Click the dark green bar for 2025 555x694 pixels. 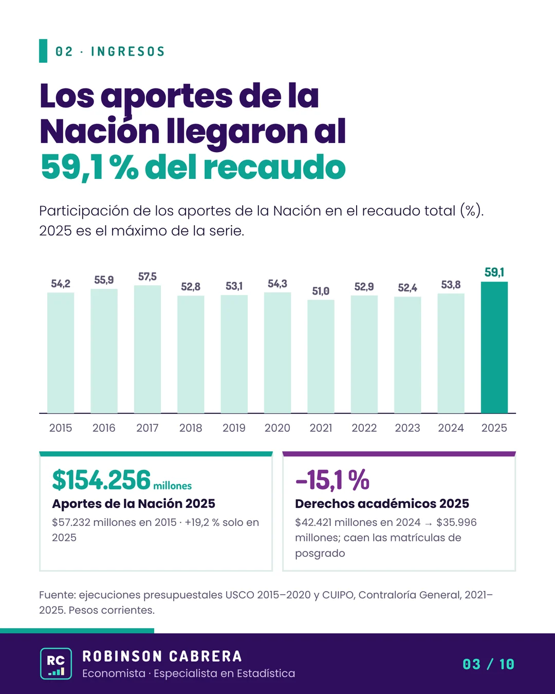494,348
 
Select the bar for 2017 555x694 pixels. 147,349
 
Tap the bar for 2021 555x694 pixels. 321,356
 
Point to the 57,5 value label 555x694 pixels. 147,277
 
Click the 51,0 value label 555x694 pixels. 321,291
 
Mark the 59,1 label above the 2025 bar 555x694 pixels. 494,272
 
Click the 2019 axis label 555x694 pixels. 234,428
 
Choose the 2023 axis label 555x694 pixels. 408,428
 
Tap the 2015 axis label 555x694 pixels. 61,428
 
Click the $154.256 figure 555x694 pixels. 101,480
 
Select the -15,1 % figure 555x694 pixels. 332,480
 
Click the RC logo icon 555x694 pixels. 56,663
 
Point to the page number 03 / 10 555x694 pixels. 488,664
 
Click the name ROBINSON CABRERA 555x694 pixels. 162,656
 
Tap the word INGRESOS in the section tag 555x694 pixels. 128,51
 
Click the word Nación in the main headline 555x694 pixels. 100,132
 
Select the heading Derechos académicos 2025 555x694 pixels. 382,503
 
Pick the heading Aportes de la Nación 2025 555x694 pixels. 134,503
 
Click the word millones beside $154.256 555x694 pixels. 173,486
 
